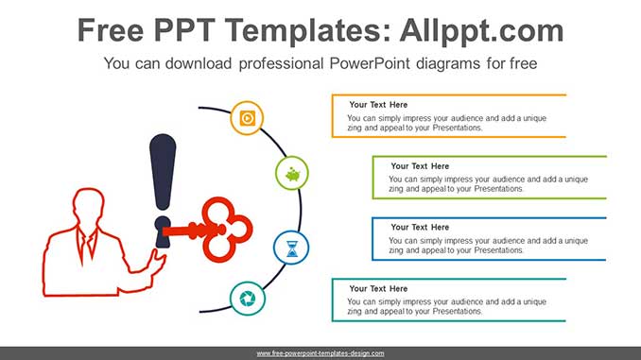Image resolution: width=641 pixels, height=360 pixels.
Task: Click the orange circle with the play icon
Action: [247, 118]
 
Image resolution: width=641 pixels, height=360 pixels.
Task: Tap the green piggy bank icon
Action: [293, 175]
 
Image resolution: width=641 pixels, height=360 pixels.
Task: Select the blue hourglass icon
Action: [292, 249]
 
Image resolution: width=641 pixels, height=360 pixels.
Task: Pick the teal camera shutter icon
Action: [248, 299]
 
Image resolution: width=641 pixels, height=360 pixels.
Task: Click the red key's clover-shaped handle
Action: [227, 230]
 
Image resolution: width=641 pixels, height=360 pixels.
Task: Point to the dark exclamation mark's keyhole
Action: [163, 231]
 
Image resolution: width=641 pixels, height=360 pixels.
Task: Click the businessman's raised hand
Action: [157, 262]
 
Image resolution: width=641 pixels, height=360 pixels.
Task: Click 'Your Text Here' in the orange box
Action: [378, 105]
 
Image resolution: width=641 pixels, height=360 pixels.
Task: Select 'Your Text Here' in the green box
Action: [420, 166]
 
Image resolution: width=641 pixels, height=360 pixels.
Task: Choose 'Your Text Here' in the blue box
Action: [420, 227]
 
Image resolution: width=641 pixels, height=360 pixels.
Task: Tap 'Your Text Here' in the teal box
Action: [378, 288]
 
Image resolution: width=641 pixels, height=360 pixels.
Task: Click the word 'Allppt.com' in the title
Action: [481, 30]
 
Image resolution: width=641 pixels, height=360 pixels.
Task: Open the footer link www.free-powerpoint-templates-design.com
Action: [320, 353]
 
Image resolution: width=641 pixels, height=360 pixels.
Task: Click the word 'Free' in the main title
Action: [111, 30]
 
